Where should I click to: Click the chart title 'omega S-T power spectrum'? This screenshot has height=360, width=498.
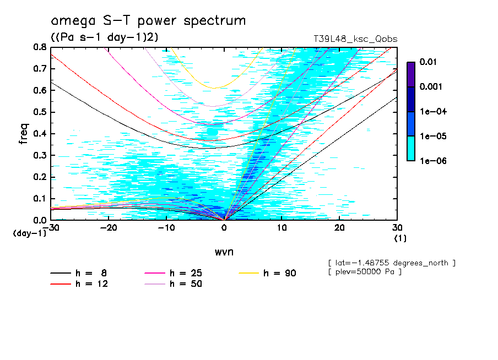[148, 21]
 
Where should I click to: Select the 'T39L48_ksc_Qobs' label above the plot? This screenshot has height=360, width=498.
[355, 39]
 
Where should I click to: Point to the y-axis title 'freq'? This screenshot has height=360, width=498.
[23, 134]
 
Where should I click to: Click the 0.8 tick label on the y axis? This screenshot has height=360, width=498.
[39, 47]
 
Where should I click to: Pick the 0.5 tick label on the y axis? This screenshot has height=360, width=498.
[39, 112]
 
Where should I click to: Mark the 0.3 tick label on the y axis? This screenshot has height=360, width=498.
[39, 155]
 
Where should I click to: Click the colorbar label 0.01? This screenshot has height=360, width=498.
[428, 62]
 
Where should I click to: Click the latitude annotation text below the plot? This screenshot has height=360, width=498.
[391, 263]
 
